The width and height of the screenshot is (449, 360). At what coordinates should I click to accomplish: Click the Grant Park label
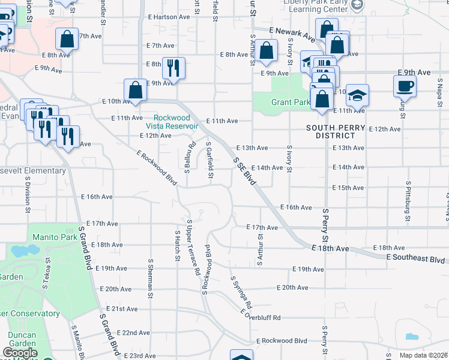point(291,102)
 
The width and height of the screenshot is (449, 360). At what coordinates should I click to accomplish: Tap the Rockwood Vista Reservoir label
point(176,122)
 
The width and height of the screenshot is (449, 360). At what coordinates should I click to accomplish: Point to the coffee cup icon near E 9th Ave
point(405,86)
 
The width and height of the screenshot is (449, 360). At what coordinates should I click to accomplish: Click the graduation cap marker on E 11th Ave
point(357,96)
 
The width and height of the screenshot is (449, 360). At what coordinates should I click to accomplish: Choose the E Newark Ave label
point(292,35)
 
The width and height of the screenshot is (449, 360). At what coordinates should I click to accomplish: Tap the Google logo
point(20,353)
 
